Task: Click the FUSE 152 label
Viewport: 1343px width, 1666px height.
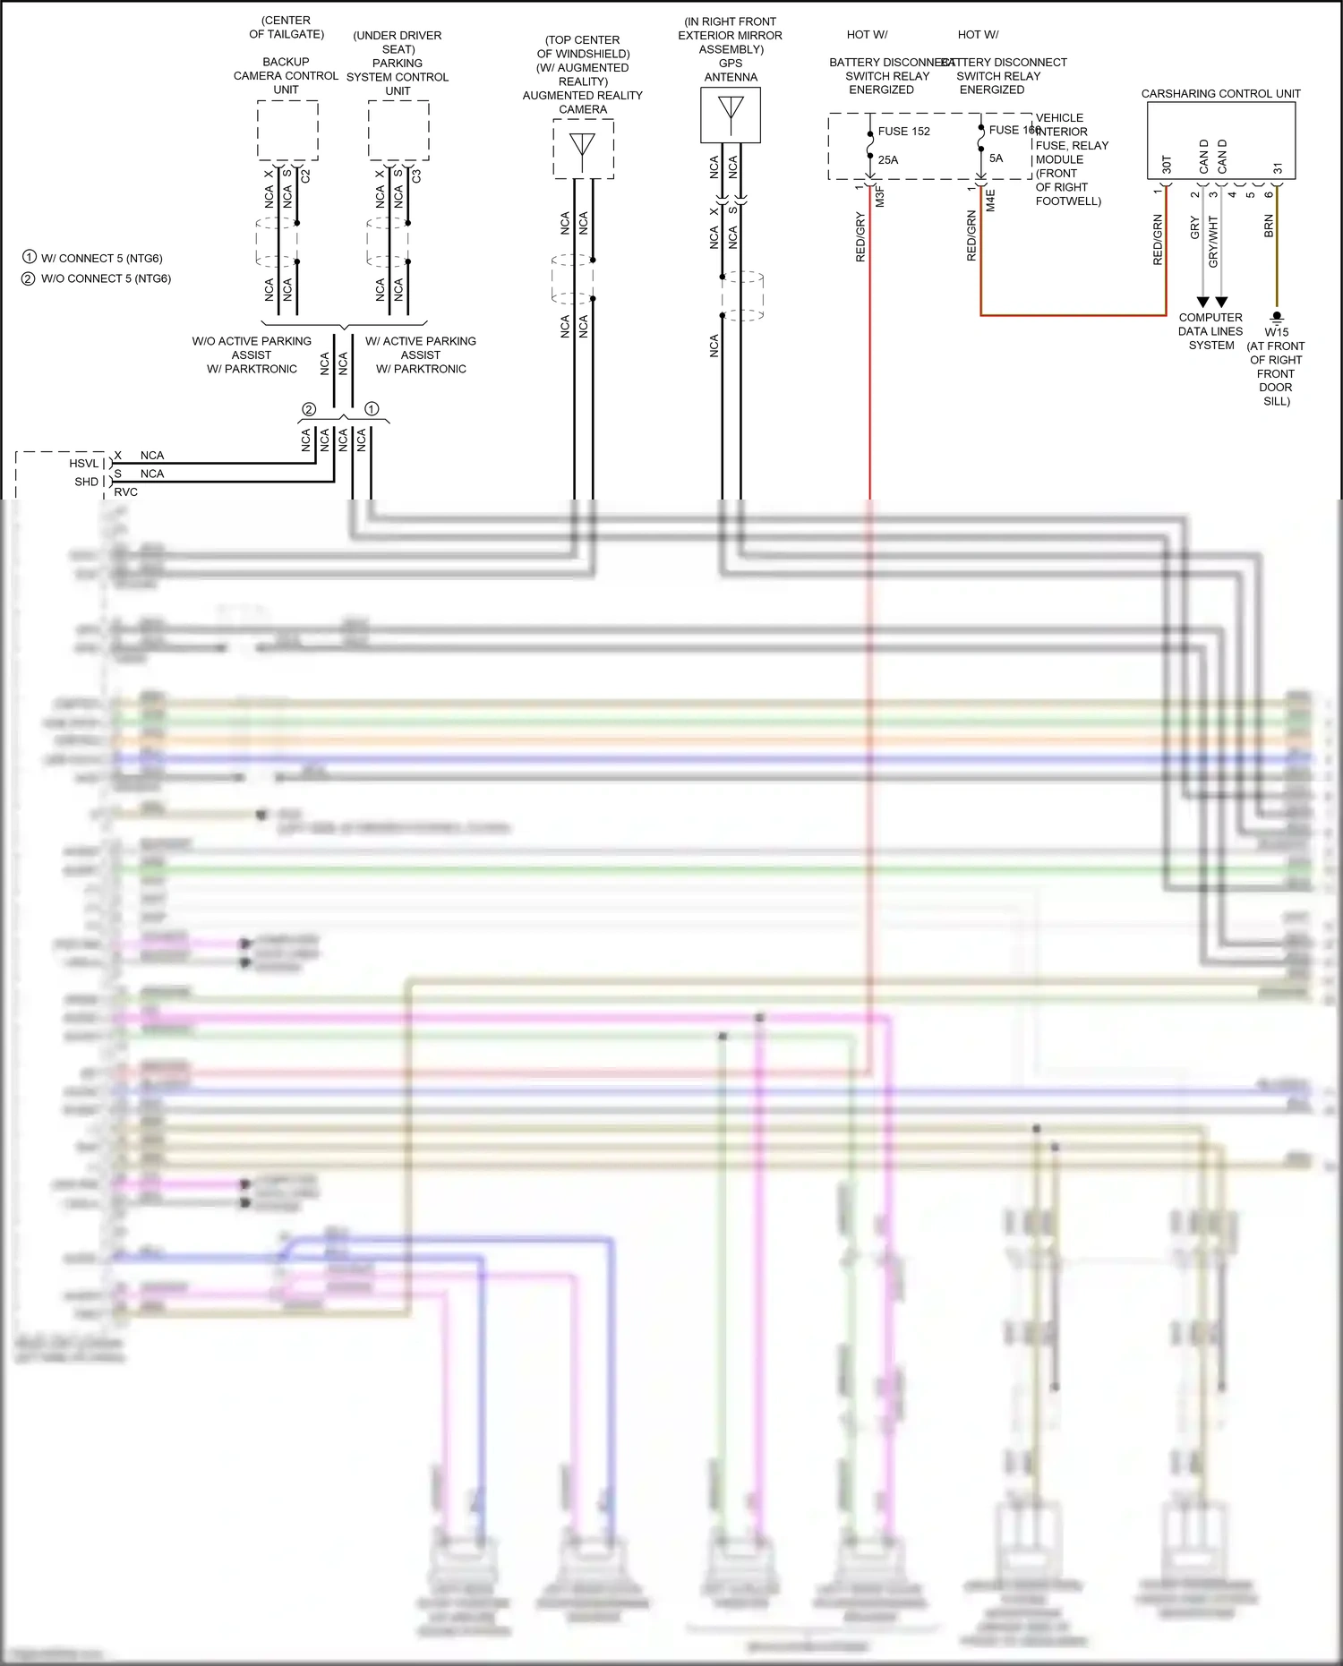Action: [x=903, y=132]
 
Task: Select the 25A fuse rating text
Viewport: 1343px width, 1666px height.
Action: [x=887, y=160]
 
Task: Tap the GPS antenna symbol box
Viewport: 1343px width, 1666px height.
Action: [x=731, y=115]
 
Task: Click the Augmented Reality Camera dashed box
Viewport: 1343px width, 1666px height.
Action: [x=583, y=149]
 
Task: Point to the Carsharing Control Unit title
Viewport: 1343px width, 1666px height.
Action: [x=1220, y=93]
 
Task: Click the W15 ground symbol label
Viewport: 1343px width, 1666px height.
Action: [x=1276, y=332]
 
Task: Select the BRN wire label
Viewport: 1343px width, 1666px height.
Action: [x=1269, y=226]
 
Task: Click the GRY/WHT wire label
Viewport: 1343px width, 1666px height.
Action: [x=1213, y=241]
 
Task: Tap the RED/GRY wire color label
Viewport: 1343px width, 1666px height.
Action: [x=860, y=237]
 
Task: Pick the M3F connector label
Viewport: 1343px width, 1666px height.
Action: [x=880, y=197]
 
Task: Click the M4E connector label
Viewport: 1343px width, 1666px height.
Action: [x=991, y=200]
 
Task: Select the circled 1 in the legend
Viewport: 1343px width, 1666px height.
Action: [x=30, y=257]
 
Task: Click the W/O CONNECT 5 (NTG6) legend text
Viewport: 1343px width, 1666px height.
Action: [x=106, y=278]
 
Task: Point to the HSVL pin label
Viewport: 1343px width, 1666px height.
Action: [x=83, y=463]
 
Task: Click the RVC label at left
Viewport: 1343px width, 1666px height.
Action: [x=125, y=491]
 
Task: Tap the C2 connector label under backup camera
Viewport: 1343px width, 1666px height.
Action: [x=305, y=176]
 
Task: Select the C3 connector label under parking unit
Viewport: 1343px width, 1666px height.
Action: [x=416, y=176]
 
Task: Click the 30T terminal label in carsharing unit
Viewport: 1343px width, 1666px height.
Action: [x=1167, y=165]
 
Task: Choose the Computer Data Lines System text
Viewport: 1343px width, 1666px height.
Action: [x=1210, y=331]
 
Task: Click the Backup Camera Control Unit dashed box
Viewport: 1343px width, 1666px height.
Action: [x=287, y=131]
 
